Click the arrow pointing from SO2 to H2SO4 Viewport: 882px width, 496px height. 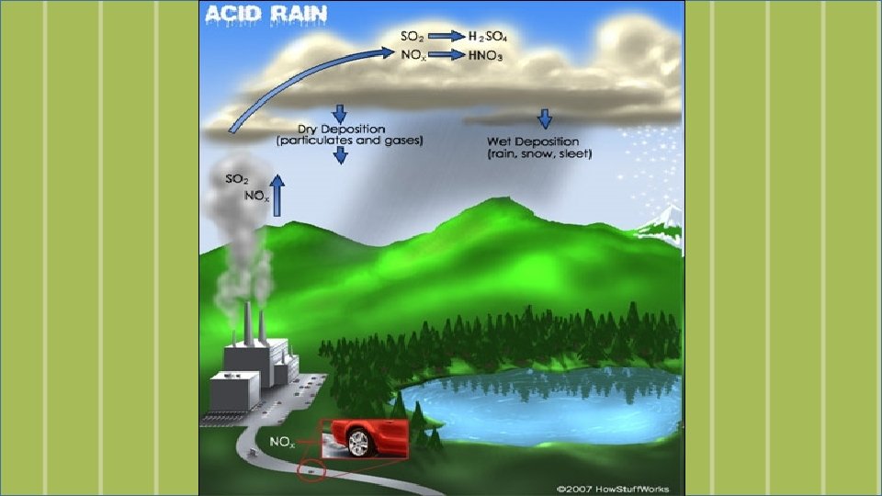point(446,36)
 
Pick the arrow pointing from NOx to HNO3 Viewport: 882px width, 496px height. point(446,55)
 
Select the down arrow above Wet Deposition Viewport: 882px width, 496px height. point(545,118)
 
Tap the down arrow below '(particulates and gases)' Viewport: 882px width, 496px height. point(340,156)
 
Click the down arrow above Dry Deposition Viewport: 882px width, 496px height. point(339,113)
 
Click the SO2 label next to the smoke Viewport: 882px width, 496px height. point(236,179)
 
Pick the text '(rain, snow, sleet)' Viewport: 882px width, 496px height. point(540,154)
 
